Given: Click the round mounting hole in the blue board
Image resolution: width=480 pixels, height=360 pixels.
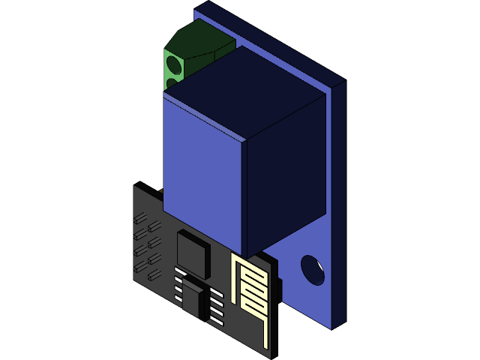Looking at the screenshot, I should (x=313, y=270).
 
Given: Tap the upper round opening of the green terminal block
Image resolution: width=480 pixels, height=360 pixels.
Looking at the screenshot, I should (x=172, y=63).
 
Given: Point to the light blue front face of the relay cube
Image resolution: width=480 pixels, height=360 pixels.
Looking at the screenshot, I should (x=202, y=176).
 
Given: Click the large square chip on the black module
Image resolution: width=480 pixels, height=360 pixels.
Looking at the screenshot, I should (x=193, y=253).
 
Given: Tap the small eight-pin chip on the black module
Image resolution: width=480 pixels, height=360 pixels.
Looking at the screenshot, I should (x=195, y=300).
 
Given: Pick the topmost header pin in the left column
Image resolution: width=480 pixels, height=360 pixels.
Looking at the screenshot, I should (x=139, y=218).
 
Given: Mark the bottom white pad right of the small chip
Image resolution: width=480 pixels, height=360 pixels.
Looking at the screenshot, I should (x=216, y=320).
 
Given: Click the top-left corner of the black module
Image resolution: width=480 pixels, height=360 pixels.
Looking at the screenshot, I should (x=135, y=184).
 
